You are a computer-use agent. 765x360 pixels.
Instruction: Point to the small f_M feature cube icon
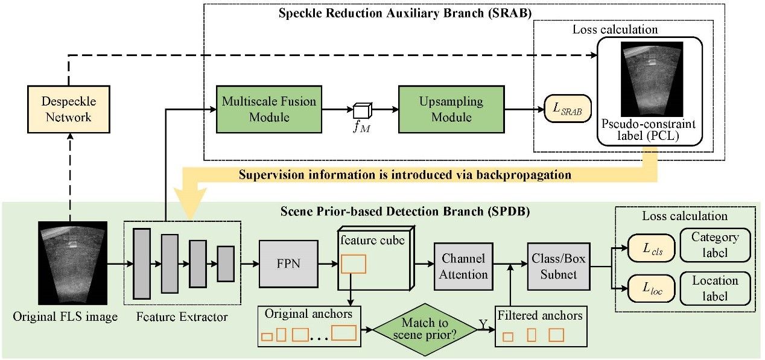point(362,111)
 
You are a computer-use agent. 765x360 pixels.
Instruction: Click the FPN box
point(284,264)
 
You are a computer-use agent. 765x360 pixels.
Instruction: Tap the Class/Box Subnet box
point(553,267)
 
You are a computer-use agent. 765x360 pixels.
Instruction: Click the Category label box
point(715,244)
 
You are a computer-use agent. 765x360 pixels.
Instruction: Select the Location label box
point(715,288)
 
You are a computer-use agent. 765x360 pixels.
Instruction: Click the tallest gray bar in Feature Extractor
point(142,264)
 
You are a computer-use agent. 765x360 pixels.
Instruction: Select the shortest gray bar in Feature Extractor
point(226,264)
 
